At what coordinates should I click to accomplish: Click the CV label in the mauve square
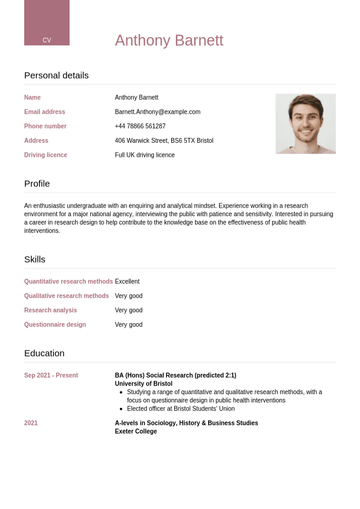(47, 40)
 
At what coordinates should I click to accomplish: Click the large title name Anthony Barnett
(169, 41)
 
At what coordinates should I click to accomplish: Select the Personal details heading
(56, 75)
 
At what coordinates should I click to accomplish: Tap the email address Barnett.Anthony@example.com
(157, 112)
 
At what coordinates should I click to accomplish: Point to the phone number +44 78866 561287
(140, 126)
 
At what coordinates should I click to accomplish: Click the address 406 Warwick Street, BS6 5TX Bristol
(164, 141)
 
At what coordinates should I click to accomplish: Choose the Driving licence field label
(45, 155)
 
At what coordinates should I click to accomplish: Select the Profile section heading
(37, 183)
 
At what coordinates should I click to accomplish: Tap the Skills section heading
(34, 259)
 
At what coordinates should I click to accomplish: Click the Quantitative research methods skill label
(68, 281)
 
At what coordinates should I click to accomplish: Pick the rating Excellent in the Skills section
(127, 281)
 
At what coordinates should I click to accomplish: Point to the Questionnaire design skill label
(55, 325)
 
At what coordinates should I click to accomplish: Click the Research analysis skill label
(50, 310)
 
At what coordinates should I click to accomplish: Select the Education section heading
(44, 353)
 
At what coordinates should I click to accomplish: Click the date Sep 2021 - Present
(51, 375)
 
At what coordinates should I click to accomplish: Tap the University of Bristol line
(143, 384)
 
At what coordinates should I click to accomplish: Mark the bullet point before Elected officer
(121, 409)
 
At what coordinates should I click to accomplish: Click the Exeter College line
(136, 432)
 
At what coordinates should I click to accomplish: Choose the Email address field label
(44, 112)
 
